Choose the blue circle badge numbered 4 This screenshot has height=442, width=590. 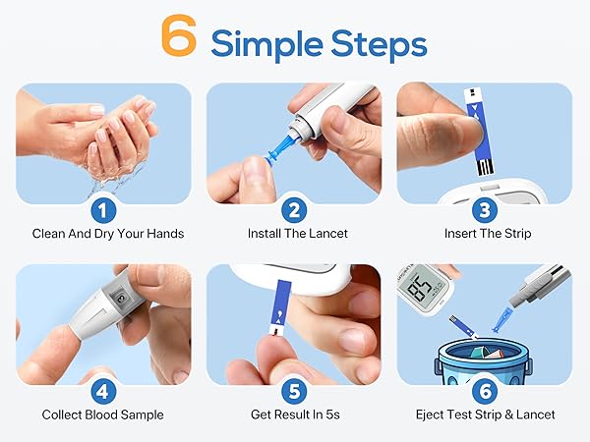pos(103,390)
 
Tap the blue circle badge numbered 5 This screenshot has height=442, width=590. pos(294,390)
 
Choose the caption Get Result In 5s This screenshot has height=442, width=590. pos(294,414)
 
